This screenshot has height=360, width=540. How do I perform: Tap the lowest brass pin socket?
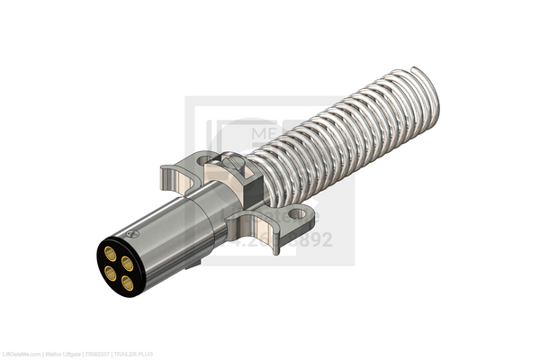coord(127,283)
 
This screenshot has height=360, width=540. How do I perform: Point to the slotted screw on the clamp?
coord(231,163)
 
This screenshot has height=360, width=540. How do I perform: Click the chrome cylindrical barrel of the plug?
coord(171,234)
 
